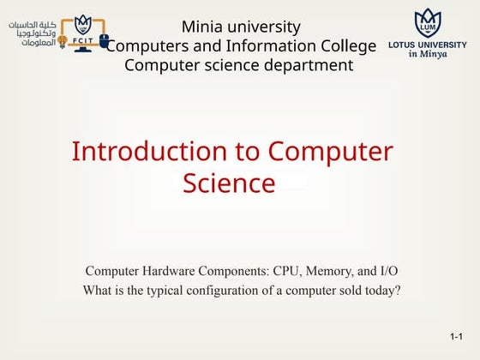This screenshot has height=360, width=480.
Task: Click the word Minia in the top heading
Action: (202, 27)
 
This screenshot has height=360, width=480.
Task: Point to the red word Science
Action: (229, 183)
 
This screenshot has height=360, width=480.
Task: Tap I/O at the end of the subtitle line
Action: (387, 271)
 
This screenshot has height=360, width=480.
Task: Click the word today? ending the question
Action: (383, 291)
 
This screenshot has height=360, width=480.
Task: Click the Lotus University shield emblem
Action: (428, 23)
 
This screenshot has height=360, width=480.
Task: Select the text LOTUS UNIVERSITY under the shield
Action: (428, 44)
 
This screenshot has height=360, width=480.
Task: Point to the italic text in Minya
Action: (428, 53)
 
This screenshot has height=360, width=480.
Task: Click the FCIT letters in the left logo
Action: (83, 40)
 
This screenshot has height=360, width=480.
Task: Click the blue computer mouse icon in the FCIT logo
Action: (105, 39)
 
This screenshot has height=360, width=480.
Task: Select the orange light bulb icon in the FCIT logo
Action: (62, 39)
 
